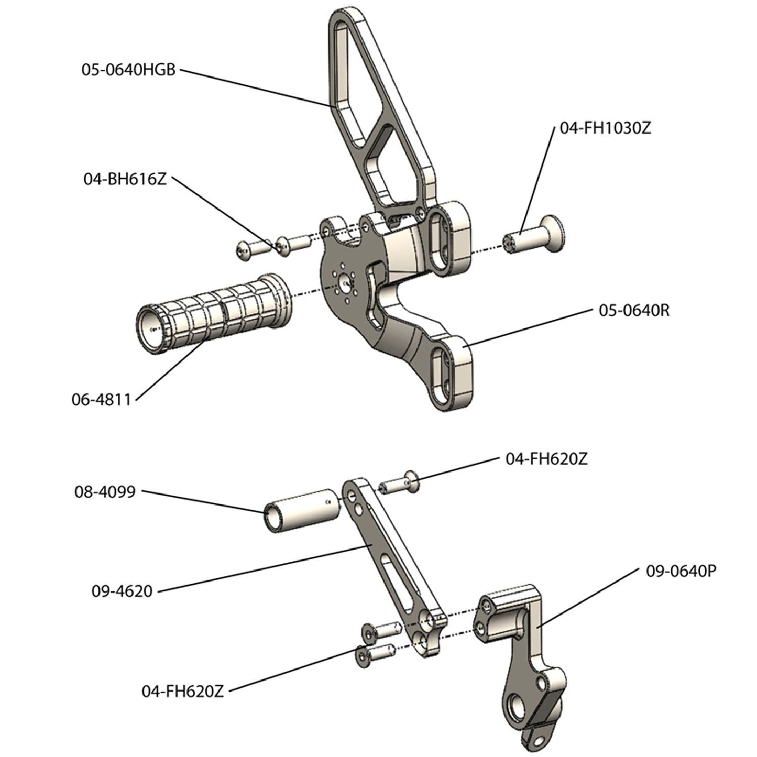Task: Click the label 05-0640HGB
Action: pyautogui.click(x=128, y=70)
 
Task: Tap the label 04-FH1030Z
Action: pyautogui.click(x=605, y=128)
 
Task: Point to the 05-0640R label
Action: pyautogui.click(x=634, y=311)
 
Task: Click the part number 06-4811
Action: pyautogui.click(x=101, y=400)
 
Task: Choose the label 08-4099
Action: pyautogui.click(x=105, y=492)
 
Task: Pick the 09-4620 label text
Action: pyautogui.click(x=122, y=591)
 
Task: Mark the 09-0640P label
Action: pyautogui.click(x=681, y=572)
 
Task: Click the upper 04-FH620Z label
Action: pyautogui.click(x=546, y=459)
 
